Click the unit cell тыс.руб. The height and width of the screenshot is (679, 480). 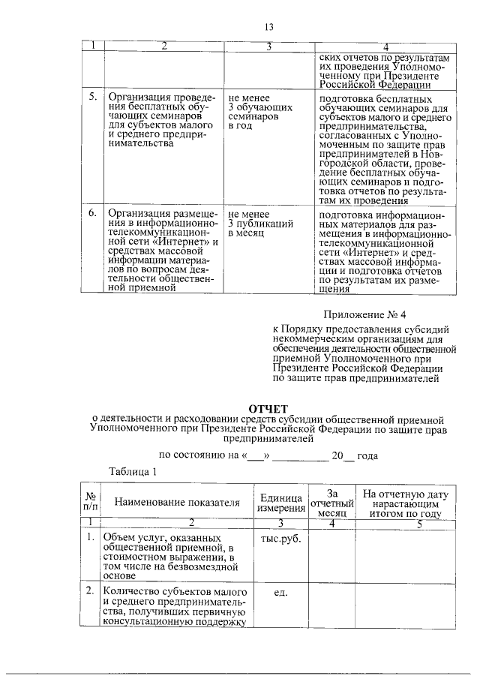coord(280,538)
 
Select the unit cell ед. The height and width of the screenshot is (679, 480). coord(280,593)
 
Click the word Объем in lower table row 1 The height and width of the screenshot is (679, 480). coord(120,538)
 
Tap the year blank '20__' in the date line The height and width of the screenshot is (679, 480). coord(342,455)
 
